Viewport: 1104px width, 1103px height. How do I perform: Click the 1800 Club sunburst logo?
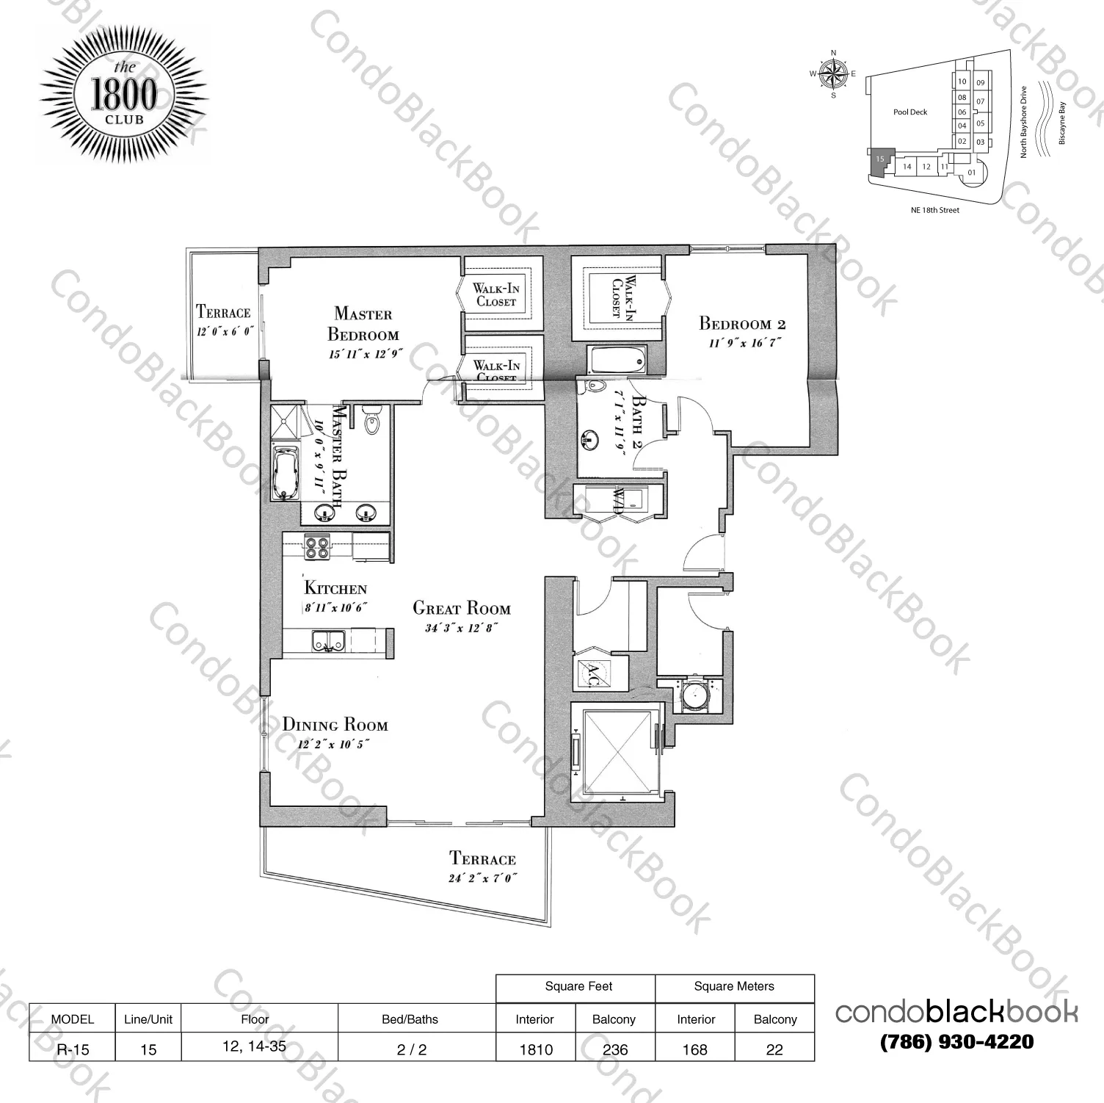coord(123,96)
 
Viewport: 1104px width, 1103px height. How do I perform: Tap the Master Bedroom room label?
coord(363,324)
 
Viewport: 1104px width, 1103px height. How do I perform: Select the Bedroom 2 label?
coord(742,323)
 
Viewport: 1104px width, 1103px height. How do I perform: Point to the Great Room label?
coord(461,608)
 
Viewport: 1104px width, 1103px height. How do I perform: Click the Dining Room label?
coord(335,725)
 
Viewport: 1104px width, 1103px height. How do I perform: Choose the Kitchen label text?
coord(335,588)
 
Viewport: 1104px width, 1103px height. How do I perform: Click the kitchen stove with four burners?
coord(317,548)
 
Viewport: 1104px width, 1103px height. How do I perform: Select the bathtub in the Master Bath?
coord(286,475)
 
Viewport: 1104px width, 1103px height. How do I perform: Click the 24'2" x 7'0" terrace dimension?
coord(482,878)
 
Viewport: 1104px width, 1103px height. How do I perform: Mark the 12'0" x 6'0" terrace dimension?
coord(224,332)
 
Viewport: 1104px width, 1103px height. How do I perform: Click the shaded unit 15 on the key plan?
coord(879,161)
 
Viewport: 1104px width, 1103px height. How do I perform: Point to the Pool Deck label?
coord(910,112)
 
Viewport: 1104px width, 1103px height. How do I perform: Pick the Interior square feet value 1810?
coord(536,1049)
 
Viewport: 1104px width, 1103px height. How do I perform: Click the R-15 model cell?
coord(73,1049)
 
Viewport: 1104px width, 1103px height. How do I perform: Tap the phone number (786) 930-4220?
coord(956,1041)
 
